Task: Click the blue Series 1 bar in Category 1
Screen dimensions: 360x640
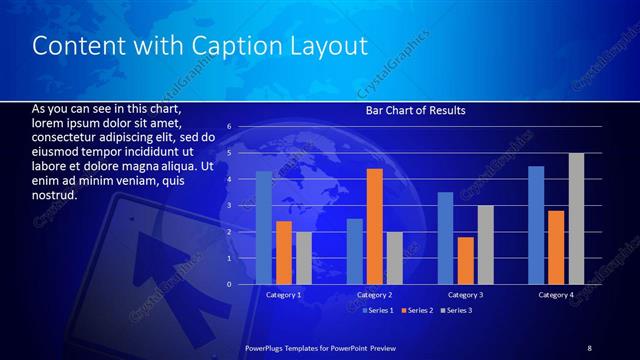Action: (264, 228)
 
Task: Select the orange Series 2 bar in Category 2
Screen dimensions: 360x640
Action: (375, 227)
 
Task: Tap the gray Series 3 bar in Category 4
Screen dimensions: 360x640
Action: (576, 219)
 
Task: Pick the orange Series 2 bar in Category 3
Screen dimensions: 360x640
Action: (465, 261)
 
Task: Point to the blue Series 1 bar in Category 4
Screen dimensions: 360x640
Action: (536, 225)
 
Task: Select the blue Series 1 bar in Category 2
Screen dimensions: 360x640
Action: (355, 251)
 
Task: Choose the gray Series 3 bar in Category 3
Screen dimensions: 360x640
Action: (485, 245)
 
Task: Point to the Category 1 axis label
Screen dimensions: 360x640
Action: (284, 295)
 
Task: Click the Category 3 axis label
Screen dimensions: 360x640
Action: (465, 295)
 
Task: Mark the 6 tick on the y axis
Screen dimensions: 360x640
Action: (229, 127)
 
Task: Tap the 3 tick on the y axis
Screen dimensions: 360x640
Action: (229, 206)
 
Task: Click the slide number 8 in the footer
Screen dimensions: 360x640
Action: (589, 347)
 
